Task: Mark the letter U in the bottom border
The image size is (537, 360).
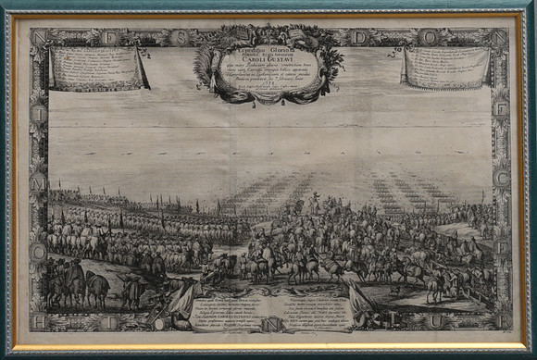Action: pos(458,321)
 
